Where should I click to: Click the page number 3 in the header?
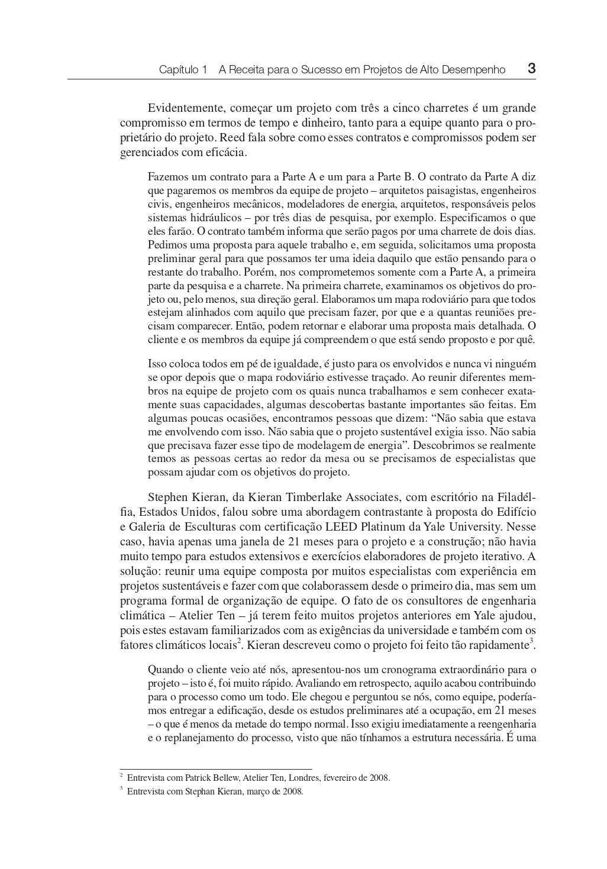click(x=531, y=68)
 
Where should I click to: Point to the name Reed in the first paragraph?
click(x=232, y=138)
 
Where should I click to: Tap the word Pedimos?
click(x=166, y=245)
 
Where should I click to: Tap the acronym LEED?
click(x=343, y=526)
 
